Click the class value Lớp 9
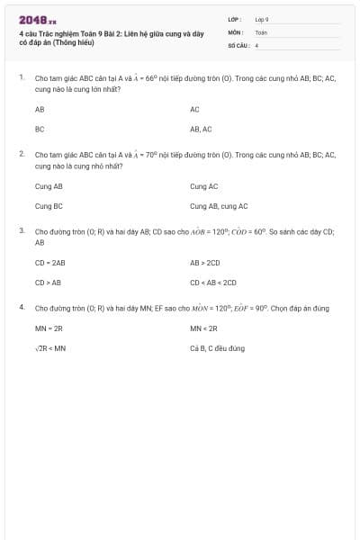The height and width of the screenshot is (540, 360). pyautogui.click(x=262, y=19)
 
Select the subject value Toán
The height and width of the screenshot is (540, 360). pyautogui.click(x=261, y=31)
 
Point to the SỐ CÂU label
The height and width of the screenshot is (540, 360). pyautogui.click(x=236, y=44)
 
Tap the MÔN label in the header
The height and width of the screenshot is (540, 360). pyautogui.click(x=235, y=31)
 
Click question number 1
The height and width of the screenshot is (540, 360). pyautogui.click(x=21, y=78)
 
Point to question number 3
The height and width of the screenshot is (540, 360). pyautogui.click(x=21, y=230)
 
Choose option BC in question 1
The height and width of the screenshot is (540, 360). pyautogui.click(x=40, y=129)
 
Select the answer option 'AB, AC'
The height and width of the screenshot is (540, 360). pyautogui.click(x=201, y=129)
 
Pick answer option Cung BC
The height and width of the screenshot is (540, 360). pyautogui.click(x=49, y=206)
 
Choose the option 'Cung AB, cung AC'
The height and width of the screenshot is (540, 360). pyautogui.click(x=219, y=206)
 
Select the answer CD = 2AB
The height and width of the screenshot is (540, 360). pyautogui.click(x=50, y=263)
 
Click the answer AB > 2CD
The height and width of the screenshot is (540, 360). pyautogui.click(x=205, y=263)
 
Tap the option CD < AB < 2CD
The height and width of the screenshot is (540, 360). pyautogui.click(x=212, y=282)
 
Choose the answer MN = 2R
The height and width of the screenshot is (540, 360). pyautogui.click(x=49, y=328)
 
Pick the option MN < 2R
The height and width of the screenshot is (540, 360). pyautogui.click(x=203, y=328)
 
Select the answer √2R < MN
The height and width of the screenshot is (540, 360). pyautogui.click(x=50, y=347)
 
